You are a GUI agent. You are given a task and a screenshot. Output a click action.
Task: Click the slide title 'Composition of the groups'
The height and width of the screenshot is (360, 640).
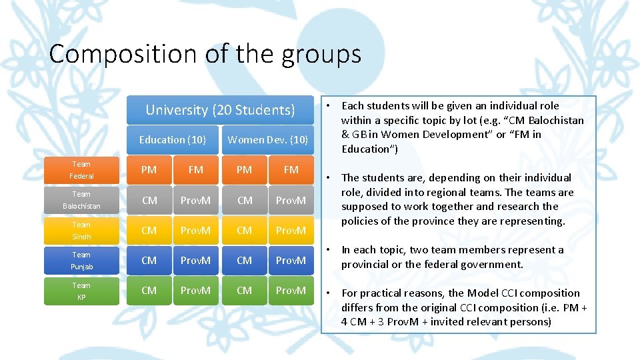point(205,54)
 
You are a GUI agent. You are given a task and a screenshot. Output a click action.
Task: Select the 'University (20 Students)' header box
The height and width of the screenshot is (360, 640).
point(220,110)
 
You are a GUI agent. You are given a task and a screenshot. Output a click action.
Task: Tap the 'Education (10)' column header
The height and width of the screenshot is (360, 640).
point(172,140)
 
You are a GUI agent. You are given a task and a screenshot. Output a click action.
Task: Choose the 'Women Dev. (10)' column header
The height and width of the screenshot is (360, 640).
point(267,140)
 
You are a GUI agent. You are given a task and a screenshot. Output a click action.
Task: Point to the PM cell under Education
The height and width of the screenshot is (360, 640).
point(149,170)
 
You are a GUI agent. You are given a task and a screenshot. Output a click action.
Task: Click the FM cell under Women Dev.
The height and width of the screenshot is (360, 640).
point(291,170)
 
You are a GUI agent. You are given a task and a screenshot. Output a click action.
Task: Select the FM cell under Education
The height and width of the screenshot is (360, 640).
point(195,170)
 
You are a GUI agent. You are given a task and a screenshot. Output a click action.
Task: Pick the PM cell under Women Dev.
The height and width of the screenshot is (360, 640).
point(244,170)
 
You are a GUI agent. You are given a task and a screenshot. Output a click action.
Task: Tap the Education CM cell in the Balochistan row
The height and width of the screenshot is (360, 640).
point(149,200)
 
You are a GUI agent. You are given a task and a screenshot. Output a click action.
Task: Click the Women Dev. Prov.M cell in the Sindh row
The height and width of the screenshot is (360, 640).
point(291,231)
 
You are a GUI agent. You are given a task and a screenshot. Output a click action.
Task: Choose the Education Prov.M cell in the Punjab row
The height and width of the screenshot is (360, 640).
point(195,261)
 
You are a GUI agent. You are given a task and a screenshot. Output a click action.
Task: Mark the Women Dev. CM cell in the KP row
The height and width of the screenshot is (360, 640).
point(244,291)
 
